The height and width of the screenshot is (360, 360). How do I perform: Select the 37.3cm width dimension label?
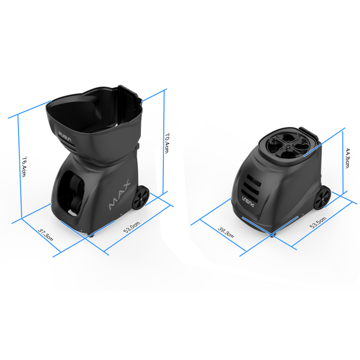pos(45,234)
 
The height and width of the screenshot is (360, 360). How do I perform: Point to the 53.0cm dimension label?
pos(132,227)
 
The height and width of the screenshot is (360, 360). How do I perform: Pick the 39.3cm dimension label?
pos(226,233)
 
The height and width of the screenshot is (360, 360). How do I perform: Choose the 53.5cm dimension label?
pos(318,222)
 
